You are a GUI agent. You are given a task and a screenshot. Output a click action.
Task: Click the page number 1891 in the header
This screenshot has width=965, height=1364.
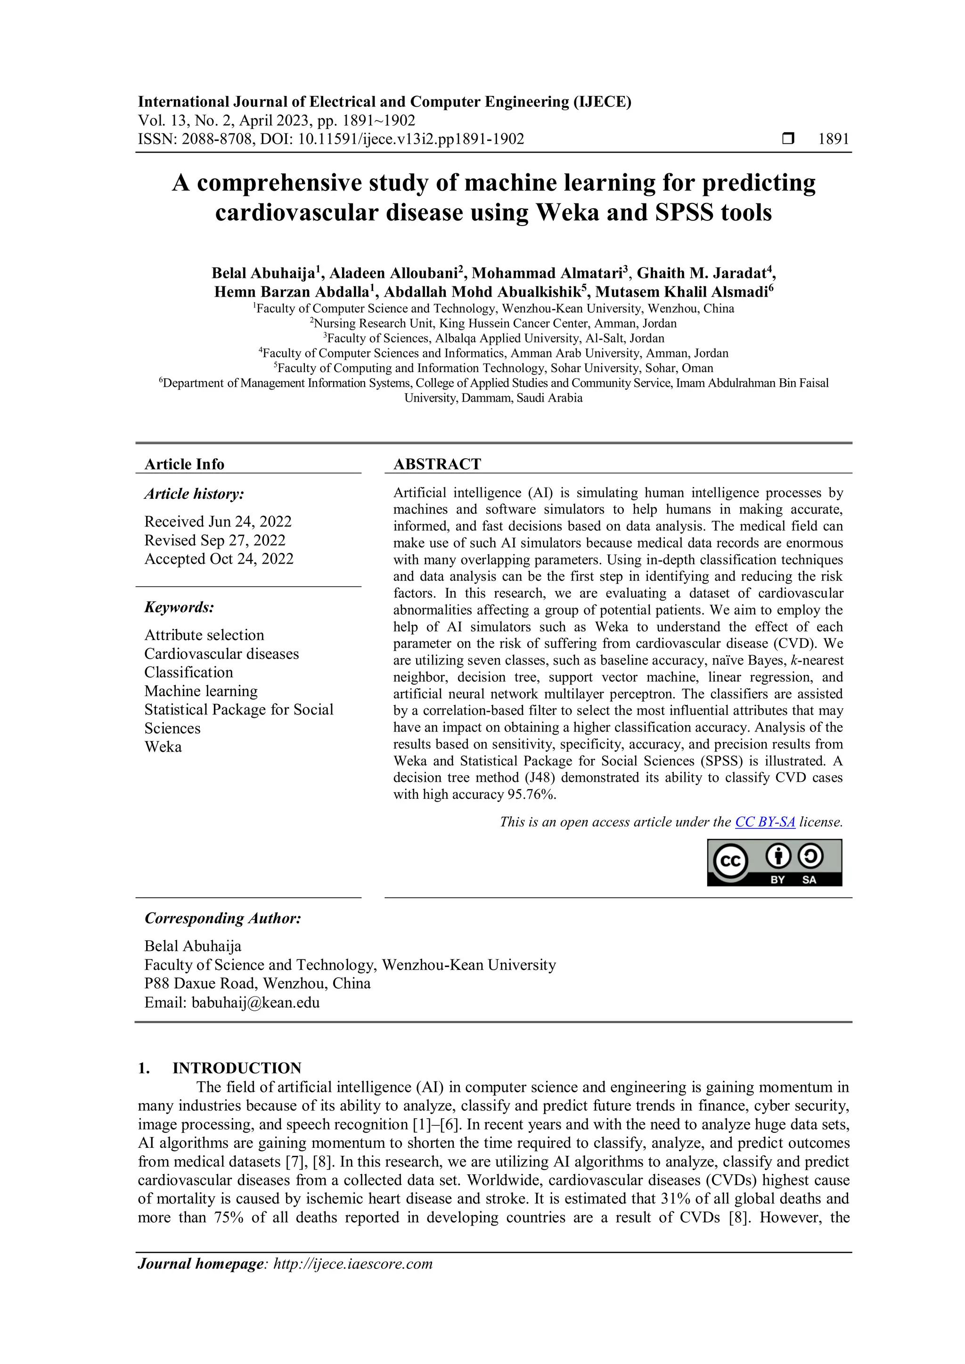[x=833, y=139]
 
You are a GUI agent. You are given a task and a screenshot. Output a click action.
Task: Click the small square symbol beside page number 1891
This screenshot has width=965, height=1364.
[x=788, y=139]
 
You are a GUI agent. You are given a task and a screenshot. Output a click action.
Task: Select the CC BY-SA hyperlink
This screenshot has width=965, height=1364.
[x=765, y=822]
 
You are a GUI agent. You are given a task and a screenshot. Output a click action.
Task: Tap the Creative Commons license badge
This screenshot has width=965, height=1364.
[x=774, y=862]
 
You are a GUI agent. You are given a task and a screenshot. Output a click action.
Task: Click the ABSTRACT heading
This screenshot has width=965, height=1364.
[x=437, y=464]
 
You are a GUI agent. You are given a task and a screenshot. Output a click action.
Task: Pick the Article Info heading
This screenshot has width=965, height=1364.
[x=184, y=464]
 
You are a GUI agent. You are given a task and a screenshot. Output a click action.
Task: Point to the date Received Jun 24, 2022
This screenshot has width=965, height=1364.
[x=218, y=521]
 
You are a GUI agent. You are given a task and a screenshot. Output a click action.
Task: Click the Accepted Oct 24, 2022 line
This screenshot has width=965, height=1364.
[x=219, y=559]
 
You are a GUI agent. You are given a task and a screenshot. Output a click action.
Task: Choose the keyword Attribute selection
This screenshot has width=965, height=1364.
[x=204, y=635]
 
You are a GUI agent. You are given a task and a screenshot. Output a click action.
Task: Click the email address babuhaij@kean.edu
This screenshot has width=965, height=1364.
[x=255, y=1003]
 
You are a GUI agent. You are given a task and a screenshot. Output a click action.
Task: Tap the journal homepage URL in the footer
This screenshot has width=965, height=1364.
[x=352, y=1264]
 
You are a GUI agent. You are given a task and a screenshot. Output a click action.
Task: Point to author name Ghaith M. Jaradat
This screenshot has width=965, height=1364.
[x=703, y=273]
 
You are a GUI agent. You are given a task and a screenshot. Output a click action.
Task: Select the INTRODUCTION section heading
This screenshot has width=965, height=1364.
[x=237, y=1068]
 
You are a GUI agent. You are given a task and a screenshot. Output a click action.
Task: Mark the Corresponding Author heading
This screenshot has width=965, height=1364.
[x=223, y=918]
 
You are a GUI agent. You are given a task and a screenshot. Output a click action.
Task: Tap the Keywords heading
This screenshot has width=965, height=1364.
[x=179, y=607]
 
